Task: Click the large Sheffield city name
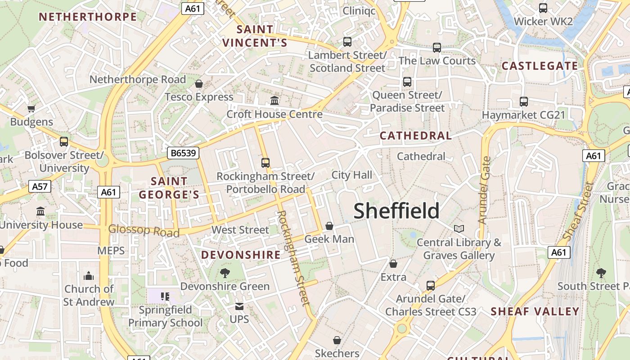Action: coord(396,211)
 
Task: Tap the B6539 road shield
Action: coord(184,153)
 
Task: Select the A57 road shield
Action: coord(40,187)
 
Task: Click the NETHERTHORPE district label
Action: coord(88,17)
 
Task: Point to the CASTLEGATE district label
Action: coord(540,66)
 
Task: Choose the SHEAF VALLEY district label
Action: coord(535,311)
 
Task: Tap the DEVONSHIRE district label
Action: coord(241,255)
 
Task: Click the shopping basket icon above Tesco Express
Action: coord(199,84)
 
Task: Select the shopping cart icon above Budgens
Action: coord(31,108)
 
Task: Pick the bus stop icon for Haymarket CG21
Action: coord(523,102)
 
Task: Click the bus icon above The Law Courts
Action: coord(436,47)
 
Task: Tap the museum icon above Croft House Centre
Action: coord(274,100)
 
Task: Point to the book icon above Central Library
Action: coord(459,229)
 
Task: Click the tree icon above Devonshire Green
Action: coord(225,273)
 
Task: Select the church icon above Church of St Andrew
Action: coord(89,275)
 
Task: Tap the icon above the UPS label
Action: coord(239,306)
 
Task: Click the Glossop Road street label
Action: coord(144,231)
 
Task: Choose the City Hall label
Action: coord(351,175)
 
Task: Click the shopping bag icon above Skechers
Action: coord(337,340)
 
